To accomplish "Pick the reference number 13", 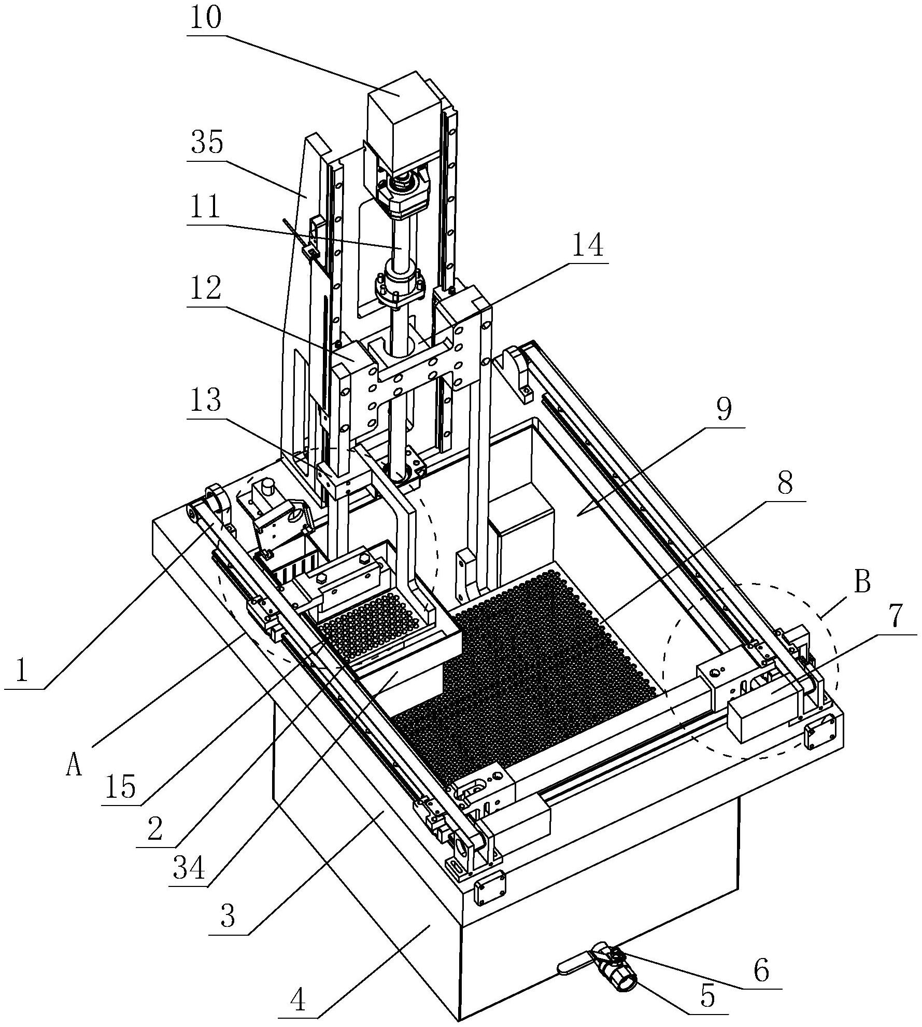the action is (206, 400).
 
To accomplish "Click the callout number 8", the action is (785, 484).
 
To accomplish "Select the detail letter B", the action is (862, 582).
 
